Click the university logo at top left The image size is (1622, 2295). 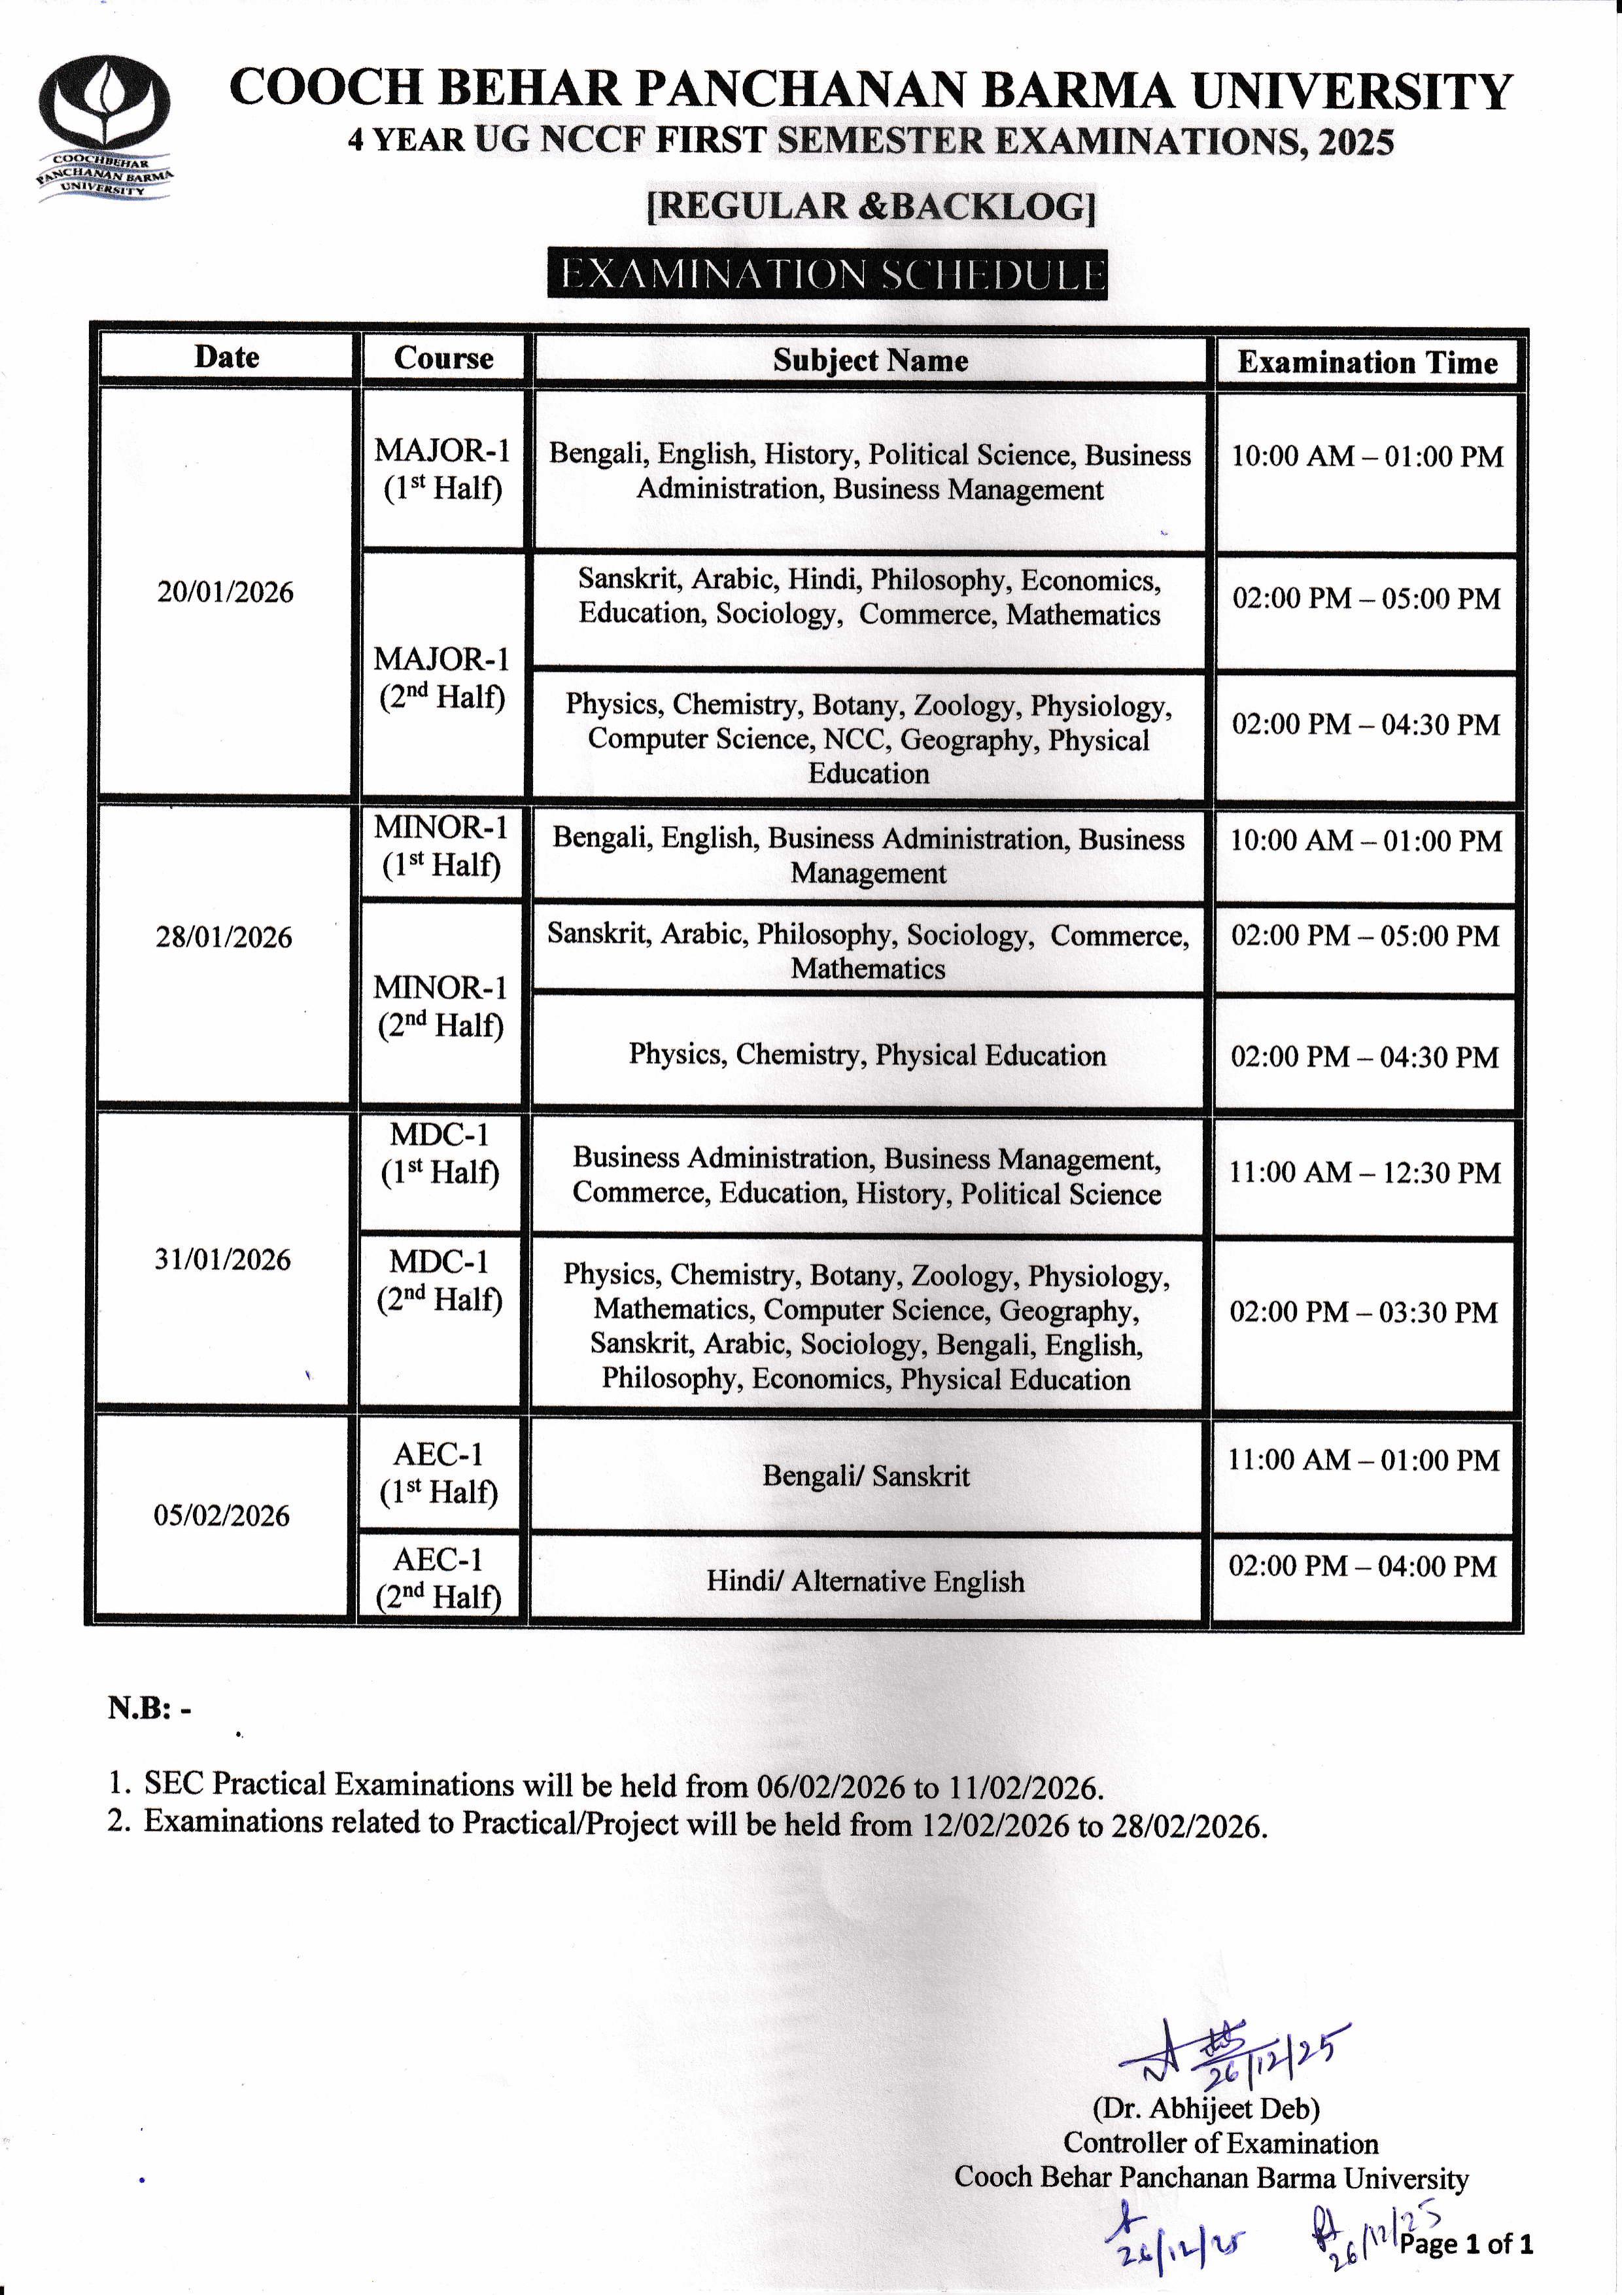click(x=104, y=128)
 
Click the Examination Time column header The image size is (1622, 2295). click(x=1367, y=362)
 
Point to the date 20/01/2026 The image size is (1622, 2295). click(x=226, y=592)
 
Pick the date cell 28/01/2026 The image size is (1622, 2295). click(x=224, y=937)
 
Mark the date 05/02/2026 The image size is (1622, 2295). click(x=222, y=1515)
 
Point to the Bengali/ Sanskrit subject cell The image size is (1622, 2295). click(x=865, y=1475)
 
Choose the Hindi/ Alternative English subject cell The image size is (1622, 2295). click(x=865, y=1581)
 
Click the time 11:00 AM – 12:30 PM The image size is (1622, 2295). click(x=1365, y=1172)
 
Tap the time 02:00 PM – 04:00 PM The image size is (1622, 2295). click(x=1363, y=1566)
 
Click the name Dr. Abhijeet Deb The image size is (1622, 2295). click(x=1206, y=2108)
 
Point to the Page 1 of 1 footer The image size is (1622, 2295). click(x=1466, y=2244)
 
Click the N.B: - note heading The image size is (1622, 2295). click(x=150, y=1708)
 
